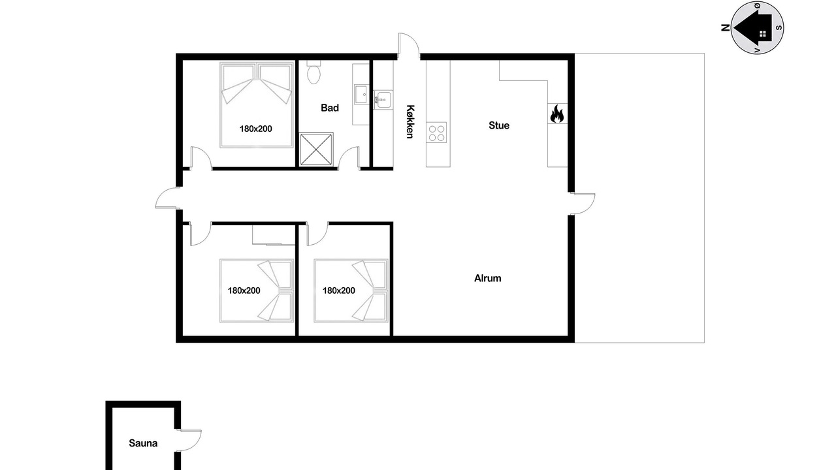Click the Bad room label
point(330,108)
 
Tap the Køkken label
point(410,121)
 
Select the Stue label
point(498,125)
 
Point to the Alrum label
point(487,278)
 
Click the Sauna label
point(143,443)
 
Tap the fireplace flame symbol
point(557,114)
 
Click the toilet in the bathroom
point(313,72)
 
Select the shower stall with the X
point(316,149)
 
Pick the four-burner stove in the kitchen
point(436,133)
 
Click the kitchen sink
point(383,100)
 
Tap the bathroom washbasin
point(361,95)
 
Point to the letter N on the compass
point(725,27)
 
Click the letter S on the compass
point(779,27)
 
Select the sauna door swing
point(189,441)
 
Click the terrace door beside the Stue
point(582,204)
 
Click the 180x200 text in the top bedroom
point(255,129)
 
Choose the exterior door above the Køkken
point(409,46)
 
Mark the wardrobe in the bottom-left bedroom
point(274,235)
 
